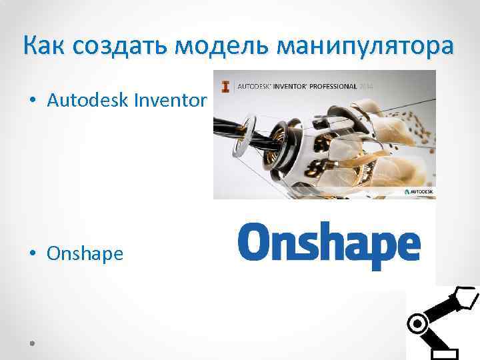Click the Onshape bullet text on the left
pos(85,253)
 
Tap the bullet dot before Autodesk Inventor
pos(32,101)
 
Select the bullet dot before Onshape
pos(32,254)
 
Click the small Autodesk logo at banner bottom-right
pos(418,191)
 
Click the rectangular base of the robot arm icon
pos(443,353)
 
